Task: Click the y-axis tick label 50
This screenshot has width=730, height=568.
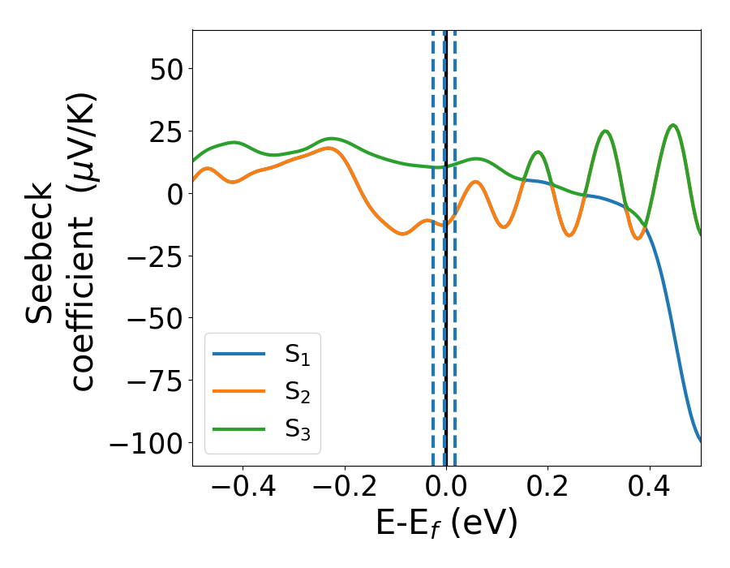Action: click(167, 69)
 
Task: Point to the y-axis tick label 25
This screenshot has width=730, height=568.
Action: click(167, 131)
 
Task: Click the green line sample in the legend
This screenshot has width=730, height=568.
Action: click(239, 428)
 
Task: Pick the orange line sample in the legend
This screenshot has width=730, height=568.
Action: click(239, 391)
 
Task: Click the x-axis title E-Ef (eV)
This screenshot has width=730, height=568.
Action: click(446, 524)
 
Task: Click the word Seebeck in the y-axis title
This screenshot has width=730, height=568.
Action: click(41, 253)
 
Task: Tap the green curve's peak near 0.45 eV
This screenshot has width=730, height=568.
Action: click(672, 125)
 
